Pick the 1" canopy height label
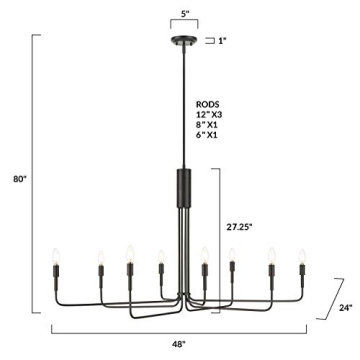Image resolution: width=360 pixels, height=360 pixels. click(223, 41)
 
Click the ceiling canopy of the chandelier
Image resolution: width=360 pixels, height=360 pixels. click(180, 42)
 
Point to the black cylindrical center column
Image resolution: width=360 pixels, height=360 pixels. click(180, 185)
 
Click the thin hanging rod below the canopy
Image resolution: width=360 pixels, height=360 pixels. click(180, 100)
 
